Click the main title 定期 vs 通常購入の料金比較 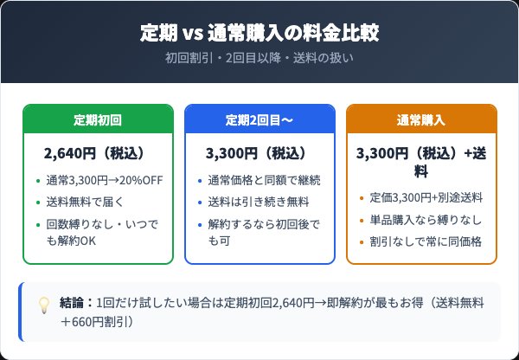pyautogui.click(x=259, y=34)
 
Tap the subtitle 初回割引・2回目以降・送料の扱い pyautogui.click(x=259, y=59)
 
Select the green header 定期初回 pyautogui.click(x=98, y=119)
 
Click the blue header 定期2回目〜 pyautogui.click(x=259, y=119)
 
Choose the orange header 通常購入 pyautogui.click(x=421, y=119)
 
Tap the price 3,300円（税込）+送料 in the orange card pyautogui.click(x=421, y=161)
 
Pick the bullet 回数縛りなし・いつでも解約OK pyautogui.click(x=102, y=233)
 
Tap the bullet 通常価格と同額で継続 pyautogui.click(x=264, y=180)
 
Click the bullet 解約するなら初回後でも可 pyautogui.click(x=264, y=233)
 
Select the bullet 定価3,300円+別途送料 pyautogui.click(x=426, y=197)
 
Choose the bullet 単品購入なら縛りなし pyautogui.click(x=426, y=220)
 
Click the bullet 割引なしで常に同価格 pyautogui.click(x=426, y=241)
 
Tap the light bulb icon pyautogui.click(x=44, y=305)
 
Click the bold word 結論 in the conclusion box pyautogui.click(x=73, y=304)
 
